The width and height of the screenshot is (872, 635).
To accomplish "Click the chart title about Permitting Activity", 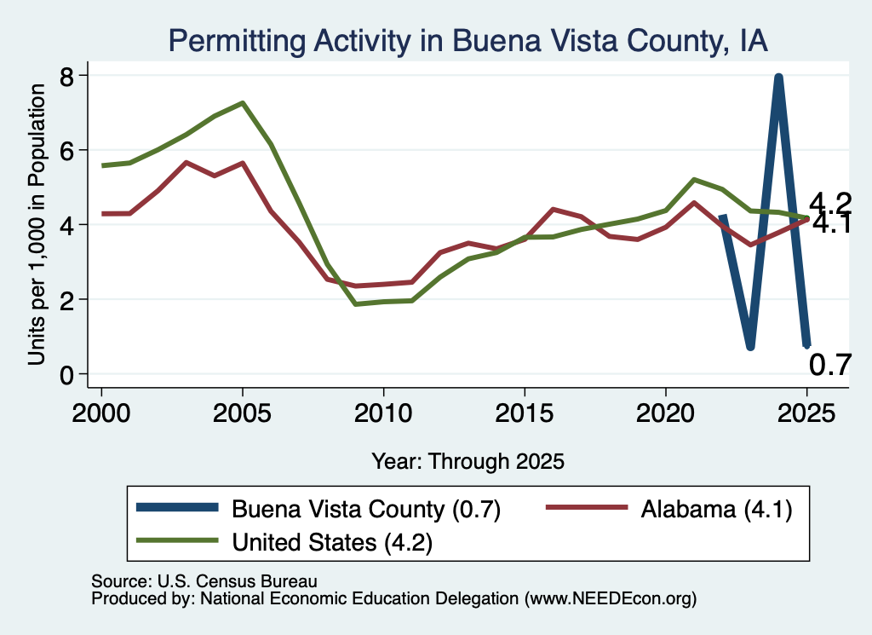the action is (x=468, y=41).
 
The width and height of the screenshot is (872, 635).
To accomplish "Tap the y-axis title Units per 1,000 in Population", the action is (x=36, y=225).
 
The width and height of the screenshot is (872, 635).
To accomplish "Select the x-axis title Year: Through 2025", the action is (x=468, y=461).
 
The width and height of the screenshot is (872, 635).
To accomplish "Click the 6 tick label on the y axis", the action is (x=66, y=150).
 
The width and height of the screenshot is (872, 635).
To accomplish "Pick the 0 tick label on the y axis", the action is (x=66, y=374).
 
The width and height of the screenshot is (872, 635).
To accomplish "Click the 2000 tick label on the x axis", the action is (x=101, y=413).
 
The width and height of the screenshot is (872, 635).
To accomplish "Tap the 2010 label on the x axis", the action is (x=383, y=413).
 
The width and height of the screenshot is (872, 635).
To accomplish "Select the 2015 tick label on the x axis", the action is (x=525, y=413).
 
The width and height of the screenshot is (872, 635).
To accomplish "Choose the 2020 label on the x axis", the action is (x=665, y=413).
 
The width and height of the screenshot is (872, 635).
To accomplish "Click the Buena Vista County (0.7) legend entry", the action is (x=318, y=509).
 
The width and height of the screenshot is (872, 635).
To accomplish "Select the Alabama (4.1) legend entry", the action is (x=669, y=509).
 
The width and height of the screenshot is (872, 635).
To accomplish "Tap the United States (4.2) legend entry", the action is (x=284, y=541).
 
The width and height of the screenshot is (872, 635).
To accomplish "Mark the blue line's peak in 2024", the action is (x=778, y=78).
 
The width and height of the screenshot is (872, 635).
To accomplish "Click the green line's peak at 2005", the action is (x=243, y=103).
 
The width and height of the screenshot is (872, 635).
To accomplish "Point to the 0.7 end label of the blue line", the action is (x=829, y=365).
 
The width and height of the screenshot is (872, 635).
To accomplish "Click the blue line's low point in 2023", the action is (x=750, y=346).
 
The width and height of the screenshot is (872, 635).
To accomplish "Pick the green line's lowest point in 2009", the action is (x=355, y=304).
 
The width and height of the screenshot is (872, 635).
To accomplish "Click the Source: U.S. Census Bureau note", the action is (x=204, y=581).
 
